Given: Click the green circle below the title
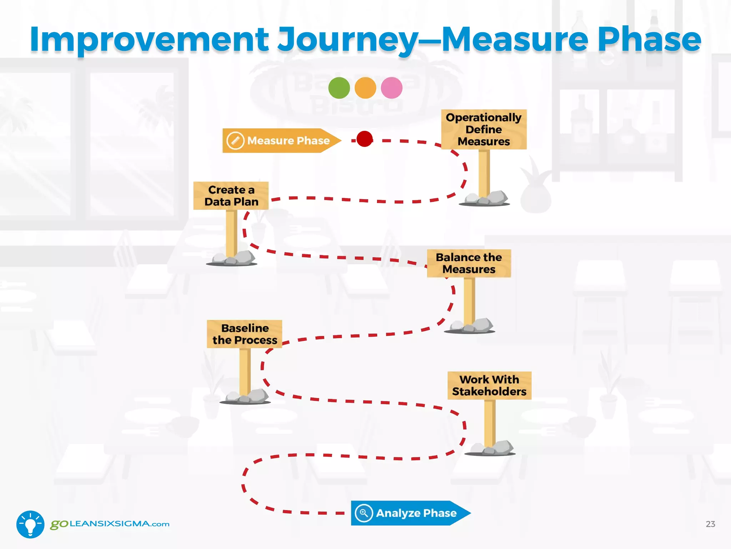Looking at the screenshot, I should pyautogui.click(x=339, y=88).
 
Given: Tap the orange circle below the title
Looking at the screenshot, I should pyautogui.click(x=365, y=88).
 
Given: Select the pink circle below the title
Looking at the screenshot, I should pyautogui.click(x=392, y=88).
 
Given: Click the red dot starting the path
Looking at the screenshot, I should pyautogui.click(x=364, y=139).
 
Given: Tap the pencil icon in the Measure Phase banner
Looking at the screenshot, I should pyautogui.click(x=235, y=140).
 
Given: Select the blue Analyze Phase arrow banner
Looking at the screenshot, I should pyautogui.click(x=410, y=513).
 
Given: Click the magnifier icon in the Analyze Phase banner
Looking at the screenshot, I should pyautogui.click(x=364, y=513).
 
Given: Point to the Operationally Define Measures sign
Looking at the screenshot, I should pyautogui.click(x=484, y=129).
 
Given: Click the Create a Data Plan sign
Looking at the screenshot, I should pyautogui.click(x=231, y=196).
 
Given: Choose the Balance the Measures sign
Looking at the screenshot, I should pyautogui.click(x=469, y=263).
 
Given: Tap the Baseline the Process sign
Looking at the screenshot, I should pyautogui.click(x=244, y=334).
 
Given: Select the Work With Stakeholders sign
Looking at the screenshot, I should pyautogui.click(x=489, y=385).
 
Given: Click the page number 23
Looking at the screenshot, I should pyautogui.click(x=710, y=524).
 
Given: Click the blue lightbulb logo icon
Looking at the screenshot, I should pyautogui.click(x=30, y=524).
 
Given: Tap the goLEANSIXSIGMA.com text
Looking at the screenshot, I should pyautogui.click(x=110, y=524).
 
